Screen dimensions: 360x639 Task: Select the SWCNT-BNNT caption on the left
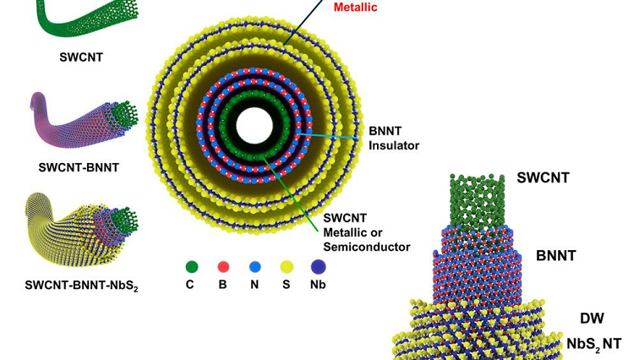click(x=79, y=167)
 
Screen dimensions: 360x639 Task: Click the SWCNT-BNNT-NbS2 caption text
click(x=81, y=286)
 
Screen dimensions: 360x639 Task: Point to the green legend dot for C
click(x=192, y=267)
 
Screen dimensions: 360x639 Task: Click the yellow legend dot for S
click(x=285, y=267)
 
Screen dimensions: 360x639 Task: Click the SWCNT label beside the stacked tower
click(x=543, y=178)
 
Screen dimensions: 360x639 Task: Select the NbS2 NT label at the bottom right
click(x=593, y=343)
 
